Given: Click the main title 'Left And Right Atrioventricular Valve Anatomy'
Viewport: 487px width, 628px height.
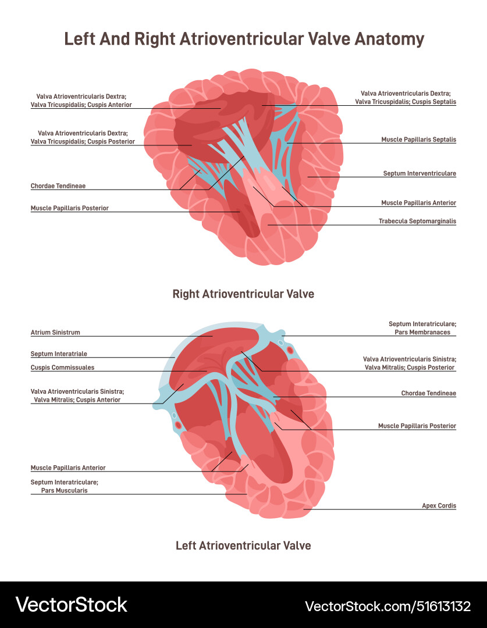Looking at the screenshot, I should coord(244,39).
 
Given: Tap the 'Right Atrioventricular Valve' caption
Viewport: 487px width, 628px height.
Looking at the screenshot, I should coord(243,294).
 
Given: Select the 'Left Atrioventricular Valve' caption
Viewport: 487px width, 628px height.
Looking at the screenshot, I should coord(243,545).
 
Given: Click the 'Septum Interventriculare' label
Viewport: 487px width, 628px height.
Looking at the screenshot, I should coord(420,173).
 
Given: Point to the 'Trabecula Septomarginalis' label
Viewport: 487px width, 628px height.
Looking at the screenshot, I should coord(417,221).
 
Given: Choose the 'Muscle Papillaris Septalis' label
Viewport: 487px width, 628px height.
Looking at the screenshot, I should coord(418,140).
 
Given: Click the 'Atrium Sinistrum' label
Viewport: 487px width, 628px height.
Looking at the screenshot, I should coord(55,333).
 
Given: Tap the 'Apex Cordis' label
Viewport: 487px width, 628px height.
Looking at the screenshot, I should coord(439,506).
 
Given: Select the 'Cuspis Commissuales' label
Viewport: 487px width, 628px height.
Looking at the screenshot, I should coord(62,367).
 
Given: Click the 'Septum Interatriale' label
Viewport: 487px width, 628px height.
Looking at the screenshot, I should coord(59,354).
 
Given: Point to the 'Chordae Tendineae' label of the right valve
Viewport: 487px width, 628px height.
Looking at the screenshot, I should coord(58,186).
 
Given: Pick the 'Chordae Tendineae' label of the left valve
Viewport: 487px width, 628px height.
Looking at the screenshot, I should coord(428,393).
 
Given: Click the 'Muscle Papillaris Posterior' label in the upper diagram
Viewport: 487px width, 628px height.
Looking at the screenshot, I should coord(69,208).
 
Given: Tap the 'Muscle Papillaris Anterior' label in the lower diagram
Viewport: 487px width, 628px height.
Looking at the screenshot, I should coord(68,468).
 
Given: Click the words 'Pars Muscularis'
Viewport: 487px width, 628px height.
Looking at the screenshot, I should coord(64,490).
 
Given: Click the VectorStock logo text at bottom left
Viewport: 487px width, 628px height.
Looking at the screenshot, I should coord(71,605).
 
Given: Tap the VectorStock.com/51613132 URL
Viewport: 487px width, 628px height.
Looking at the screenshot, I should coord(388,606).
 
